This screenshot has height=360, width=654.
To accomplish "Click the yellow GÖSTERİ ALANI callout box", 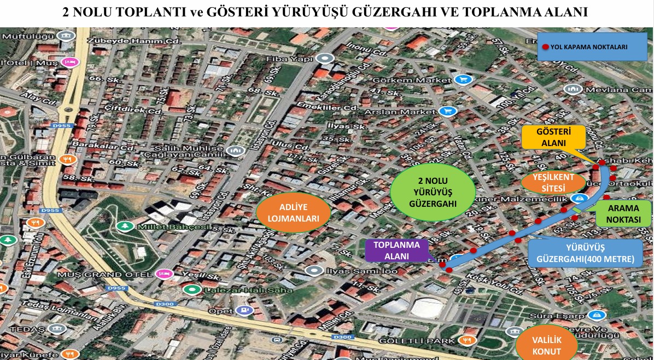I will pos(552,137).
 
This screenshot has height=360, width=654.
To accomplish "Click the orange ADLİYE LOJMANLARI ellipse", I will pos(293,213).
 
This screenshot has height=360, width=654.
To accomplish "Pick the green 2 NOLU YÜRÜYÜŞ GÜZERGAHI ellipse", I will pos(433,193).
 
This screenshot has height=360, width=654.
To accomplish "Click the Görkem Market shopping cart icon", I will pos(464,80).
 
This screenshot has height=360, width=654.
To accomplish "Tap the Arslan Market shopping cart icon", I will pos(448,111).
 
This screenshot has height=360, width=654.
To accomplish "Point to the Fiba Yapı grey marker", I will pos(326,59).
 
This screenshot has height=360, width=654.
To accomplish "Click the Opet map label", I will pos(221,311).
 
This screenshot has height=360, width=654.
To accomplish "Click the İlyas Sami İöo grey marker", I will pos(314,270).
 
